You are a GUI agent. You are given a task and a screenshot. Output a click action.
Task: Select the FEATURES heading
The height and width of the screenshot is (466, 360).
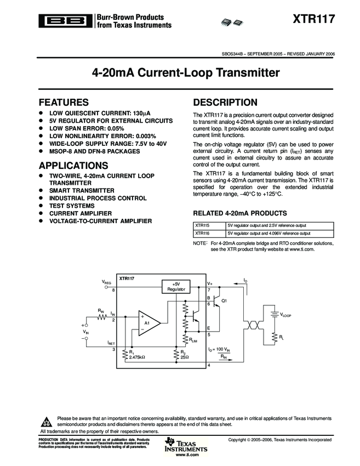[x=64, y=102]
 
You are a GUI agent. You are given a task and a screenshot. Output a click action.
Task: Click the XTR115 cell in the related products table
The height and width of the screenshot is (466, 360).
[x=202, y=225]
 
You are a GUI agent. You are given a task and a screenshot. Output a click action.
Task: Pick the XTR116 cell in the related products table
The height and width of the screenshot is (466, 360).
[x=202, y=232]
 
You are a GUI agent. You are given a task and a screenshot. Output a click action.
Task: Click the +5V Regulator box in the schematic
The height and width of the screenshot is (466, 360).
[x=176, y=286]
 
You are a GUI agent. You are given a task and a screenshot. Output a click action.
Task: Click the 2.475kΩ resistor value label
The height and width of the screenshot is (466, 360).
[x=137, y=357]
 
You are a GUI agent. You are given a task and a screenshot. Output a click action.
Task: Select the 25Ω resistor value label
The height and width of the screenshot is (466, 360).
[x=185, y=357]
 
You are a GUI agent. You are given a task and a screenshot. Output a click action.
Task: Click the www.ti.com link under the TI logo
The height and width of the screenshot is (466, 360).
[x=187, y=455]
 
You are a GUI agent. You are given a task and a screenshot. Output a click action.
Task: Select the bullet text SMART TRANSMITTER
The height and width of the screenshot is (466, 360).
[x=82, y=190]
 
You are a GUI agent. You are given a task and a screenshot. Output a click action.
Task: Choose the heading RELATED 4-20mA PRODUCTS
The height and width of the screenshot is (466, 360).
[x=240, y=213]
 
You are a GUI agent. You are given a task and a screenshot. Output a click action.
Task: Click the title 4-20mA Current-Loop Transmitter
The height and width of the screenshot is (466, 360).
[x=180, y=72]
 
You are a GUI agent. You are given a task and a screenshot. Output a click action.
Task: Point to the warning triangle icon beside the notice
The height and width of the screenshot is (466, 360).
[x=46, y=422]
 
